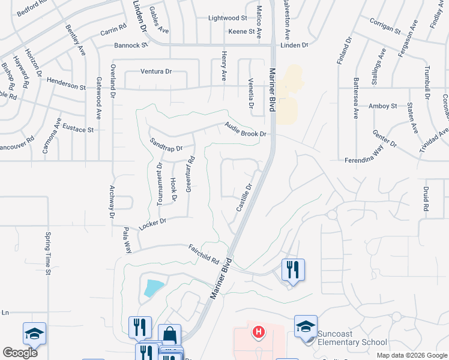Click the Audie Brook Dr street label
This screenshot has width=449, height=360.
245,130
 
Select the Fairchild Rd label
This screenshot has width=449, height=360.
203,254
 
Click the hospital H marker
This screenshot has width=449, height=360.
258,331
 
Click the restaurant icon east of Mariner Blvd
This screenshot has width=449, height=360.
294,269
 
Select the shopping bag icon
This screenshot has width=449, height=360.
169,335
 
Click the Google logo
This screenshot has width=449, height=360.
20,353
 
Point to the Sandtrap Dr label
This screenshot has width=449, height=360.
165,144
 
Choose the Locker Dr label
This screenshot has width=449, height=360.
152,225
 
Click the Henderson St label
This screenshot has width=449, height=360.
66,86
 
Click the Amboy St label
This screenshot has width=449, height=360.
383,106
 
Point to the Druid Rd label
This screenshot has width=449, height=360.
426,200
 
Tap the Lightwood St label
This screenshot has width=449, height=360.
228,19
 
